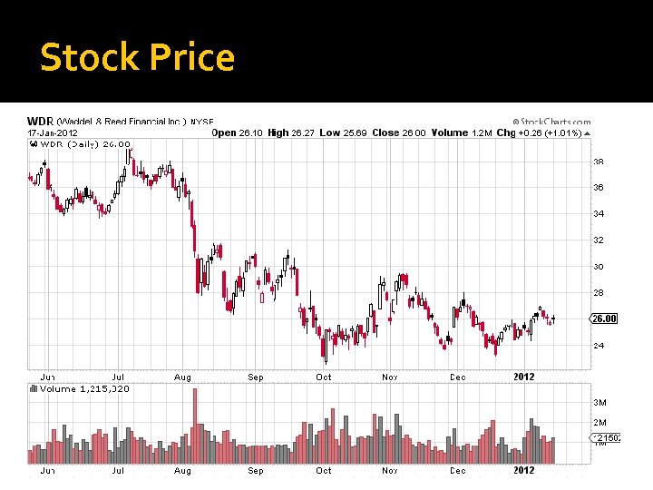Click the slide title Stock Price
point(138,58)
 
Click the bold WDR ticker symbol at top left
point(40,121)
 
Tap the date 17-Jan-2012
point(53,132)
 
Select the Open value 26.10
point(251,132)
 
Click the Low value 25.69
point(354,132)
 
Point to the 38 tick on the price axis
point(598,162)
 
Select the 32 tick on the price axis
point(598,240)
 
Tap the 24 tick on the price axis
point(598,346)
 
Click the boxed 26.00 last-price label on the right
point(604,318)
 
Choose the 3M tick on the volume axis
point(599,402)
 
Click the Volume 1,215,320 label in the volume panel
point(84,388)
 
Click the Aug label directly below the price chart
point(182,377)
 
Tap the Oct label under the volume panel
point(324,471)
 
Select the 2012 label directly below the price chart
point(524,377)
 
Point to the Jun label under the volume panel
point(46,471)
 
